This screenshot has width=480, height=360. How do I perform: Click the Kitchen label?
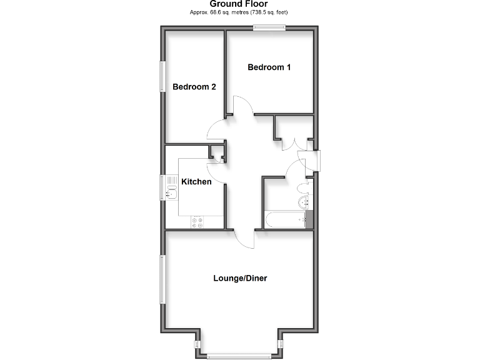pyautogui.click(x=196, y=182)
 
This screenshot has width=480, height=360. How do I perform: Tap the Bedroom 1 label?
pyautogui.click(x=269, y=67)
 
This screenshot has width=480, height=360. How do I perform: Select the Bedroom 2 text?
pyautogui.click(x=194, y=87)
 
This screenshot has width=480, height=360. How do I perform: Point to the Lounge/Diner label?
pyautogui.click(x=240, y=278)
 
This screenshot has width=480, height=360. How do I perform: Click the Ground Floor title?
pyautogui.click(x=239, y=4)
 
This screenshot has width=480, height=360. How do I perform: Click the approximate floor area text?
pyautogui.click(x=239, y=12)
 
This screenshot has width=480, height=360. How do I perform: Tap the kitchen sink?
pyautogui.click(x=171, y=187)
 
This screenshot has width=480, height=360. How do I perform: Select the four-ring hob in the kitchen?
pyautogui.click(x=198, y=222)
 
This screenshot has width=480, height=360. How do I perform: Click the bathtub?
pyautogui.click(x=285, y=220)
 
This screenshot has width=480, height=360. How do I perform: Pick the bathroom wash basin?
pyautogui.click(x=304, y=201)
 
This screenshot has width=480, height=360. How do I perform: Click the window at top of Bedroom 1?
pyautogui.click(x=269, y=26)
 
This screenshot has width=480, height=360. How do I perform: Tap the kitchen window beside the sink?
pyautogui.click(x=162, y=187)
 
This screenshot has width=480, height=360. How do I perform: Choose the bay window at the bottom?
pyautogui.click(x=239, y=357)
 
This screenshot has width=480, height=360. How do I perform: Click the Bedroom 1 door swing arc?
pyautogui.click(x=242, y=105)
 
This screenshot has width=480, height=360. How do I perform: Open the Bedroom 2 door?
pyautogui.click(x=216, y=131)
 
